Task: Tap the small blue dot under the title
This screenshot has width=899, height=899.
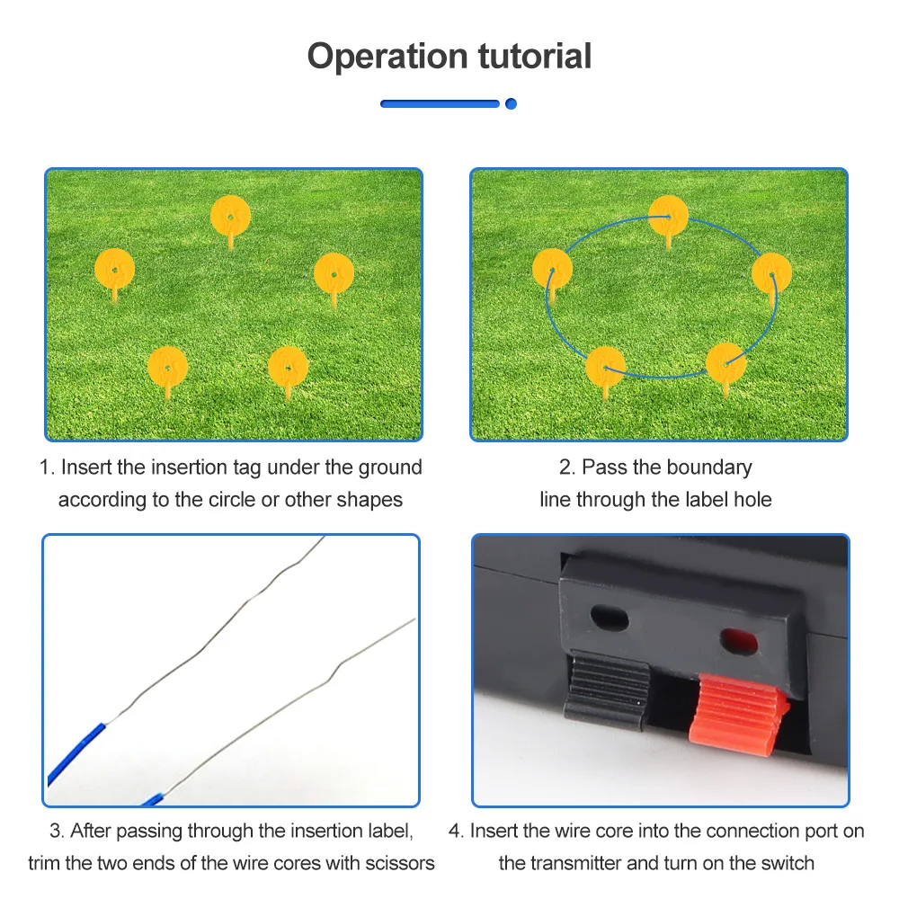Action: point(511,103)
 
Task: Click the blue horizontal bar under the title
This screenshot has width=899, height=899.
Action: point(440,103)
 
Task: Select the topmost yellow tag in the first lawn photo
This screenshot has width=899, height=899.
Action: point(230,216)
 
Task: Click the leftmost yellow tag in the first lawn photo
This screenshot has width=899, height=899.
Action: point(114,268)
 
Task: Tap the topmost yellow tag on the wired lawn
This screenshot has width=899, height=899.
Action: point(668,215)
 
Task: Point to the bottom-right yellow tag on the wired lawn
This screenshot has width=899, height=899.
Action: point(725,362)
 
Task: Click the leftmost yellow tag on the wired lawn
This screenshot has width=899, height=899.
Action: point(552,269)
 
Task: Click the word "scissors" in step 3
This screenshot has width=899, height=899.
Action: point(399,863)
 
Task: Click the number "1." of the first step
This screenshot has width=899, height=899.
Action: point(47,467)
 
